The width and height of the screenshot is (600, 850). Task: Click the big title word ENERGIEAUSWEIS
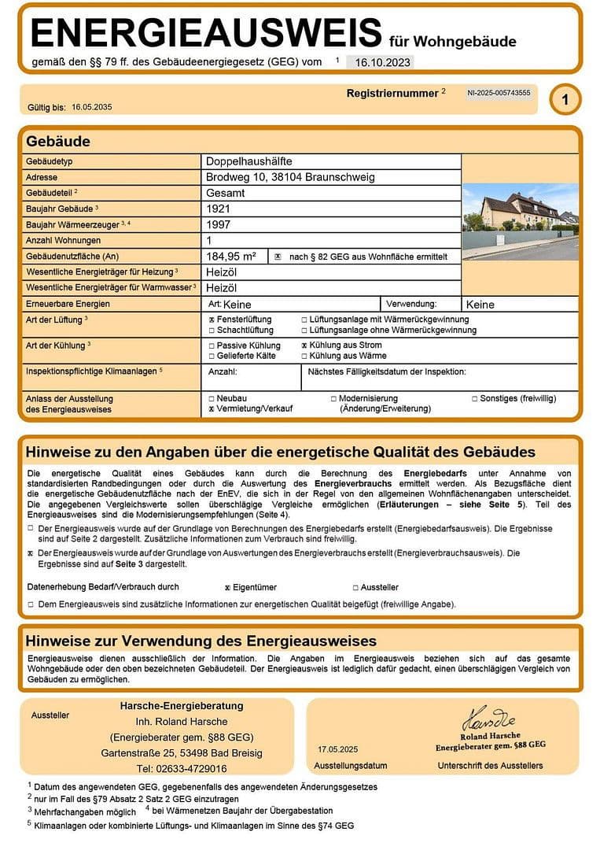tap(206, 33)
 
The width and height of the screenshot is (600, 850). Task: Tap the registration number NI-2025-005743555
tap(499, 93)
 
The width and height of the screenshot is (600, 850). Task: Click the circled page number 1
tap(565, 99)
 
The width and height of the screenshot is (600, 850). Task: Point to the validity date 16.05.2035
tap(92, 106)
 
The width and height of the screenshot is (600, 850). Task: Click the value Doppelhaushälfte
tap(249, 161)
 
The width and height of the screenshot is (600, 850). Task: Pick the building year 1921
tap(219, 209)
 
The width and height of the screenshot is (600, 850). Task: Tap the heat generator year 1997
tap(219, 225)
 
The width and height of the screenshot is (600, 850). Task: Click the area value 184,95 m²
tap(231, 256)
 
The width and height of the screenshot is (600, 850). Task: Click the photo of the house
tap(520, 220)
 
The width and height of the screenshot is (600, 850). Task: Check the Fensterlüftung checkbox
tap(212, 320)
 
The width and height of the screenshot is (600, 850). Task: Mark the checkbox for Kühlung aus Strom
tap(305, 346)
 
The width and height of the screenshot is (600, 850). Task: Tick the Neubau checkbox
tap(212, 399)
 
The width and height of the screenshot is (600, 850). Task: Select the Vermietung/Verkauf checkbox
tap(212, 410)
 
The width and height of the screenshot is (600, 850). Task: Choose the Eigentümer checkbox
tap(227, 587)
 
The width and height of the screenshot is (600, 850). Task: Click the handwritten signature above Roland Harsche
tap(488, 717)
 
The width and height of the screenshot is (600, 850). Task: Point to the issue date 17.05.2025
tap(338, 748)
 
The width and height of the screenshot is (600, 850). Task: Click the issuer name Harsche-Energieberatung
tap(182, 706)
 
